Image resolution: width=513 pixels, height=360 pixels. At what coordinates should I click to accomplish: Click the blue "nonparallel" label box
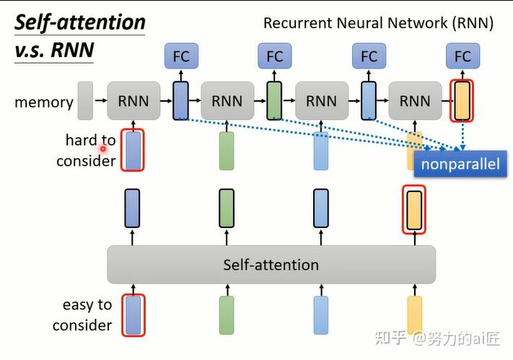click(x=460, y=164)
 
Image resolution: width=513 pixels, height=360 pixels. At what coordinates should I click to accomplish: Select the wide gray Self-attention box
click(x=271, y=265)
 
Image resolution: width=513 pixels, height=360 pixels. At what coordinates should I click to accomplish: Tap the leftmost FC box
click(x=180, y=56)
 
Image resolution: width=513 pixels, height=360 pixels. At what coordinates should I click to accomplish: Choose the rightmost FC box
click(x=462, y=56)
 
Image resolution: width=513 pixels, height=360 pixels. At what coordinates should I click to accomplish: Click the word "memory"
click(x=44, y=102)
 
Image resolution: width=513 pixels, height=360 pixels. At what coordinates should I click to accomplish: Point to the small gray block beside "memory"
click(x=85, y=100)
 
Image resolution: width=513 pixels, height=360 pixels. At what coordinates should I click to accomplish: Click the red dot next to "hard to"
click(x=103, y=149)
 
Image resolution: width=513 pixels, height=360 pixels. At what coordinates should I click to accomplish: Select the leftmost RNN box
click(x=133, y=100)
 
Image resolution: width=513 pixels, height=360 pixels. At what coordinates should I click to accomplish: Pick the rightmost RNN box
click(x=415, y=100)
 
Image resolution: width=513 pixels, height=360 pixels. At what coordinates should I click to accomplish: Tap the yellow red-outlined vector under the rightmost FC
click(x=462, y=100)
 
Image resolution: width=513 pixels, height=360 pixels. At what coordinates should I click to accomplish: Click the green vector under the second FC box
click(x=274, y=100)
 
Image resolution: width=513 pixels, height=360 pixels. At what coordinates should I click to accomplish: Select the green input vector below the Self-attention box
click(x=227, y=315)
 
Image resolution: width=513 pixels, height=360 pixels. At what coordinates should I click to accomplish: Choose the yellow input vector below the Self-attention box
click(x=414, y=315)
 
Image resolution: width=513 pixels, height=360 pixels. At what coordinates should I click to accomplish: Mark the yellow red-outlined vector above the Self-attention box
click(x=413, y=209)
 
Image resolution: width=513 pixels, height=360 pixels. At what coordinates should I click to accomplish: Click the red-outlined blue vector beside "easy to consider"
click(x=133, y=315)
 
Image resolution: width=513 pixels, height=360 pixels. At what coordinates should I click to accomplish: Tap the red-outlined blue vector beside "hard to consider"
click(x=133, y=150)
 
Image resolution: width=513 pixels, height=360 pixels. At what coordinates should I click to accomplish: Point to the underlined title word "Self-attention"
click(x=80, y=22)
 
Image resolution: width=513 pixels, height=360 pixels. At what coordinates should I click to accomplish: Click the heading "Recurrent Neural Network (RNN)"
click(x=378, y=22)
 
